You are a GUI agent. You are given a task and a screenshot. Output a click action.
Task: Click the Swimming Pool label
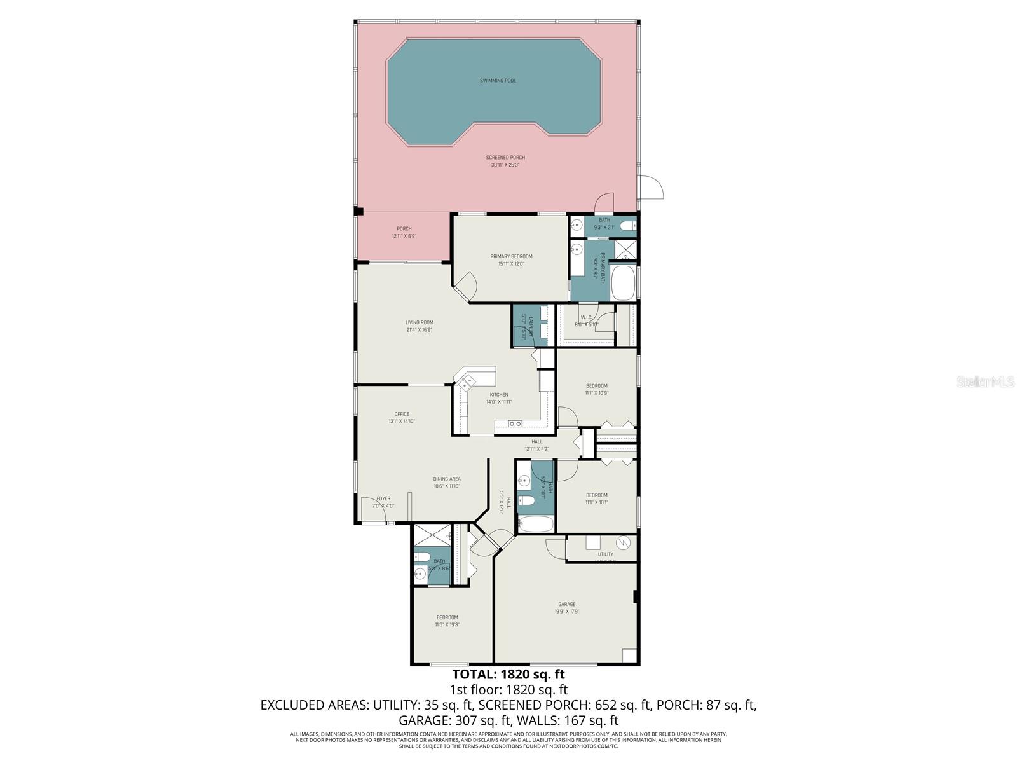click(498, 81)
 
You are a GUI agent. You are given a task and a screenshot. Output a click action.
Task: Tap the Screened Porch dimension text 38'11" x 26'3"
click(505, 165)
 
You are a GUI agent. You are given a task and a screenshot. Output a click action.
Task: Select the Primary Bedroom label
click(511, 256)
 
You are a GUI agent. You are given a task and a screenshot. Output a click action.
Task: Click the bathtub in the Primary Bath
click(623, 283)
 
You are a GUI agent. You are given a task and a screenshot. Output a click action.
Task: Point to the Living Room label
click(419, 322)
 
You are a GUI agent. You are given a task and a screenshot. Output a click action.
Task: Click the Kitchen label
click(498, 395)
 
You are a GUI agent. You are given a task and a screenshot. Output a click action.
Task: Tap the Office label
click(401, 414)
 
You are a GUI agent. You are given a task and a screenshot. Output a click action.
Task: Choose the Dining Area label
click(446, 479)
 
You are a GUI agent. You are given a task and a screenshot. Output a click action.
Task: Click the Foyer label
click(383, 498)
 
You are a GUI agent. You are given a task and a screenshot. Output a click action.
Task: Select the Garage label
click(566, 604)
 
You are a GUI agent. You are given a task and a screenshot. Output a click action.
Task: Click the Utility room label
click(605, 554)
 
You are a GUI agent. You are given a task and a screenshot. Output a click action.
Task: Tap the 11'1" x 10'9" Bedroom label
click(596, 386)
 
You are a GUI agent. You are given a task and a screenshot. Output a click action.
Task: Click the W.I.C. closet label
click(586, 317)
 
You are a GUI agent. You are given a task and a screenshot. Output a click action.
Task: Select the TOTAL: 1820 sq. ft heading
click(508, 674)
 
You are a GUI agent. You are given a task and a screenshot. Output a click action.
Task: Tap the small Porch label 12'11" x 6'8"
click(404, 229)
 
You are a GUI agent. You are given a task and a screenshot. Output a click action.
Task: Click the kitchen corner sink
click(467, 382)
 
